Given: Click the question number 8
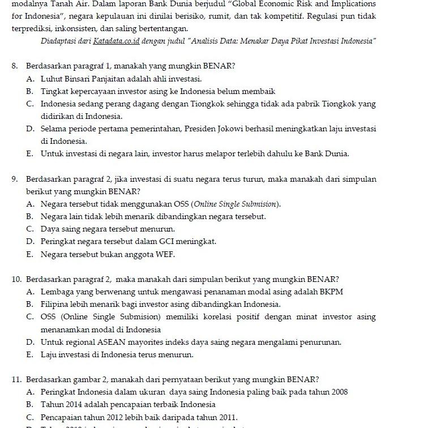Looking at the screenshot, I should pyautogui.click(x=14, y=66).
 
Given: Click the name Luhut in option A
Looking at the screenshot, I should pyautogui.click(x=52, y=79).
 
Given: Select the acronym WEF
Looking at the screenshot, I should pyautogui.click(x=165, y=255).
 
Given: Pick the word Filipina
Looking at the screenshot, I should pyautogui.click(x=54, y=305).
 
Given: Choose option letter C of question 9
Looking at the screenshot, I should pyautogui.click(x=29, y=229).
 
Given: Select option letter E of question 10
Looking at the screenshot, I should pyautogui.click(x=29, y=355).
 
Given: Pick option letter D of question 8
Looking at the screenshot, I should pyautogui.click(x=29, y=129).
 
